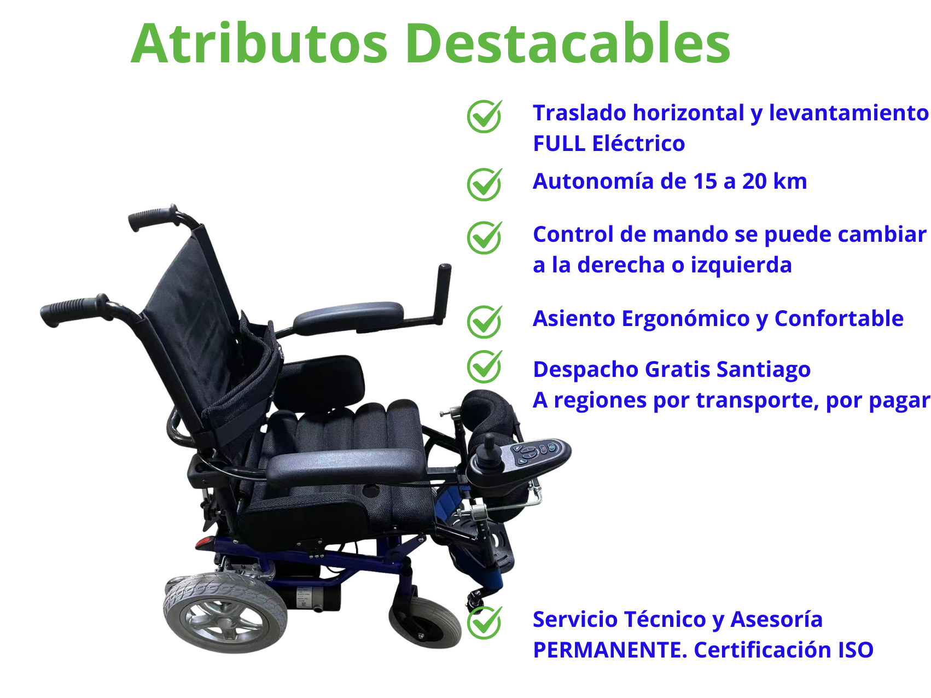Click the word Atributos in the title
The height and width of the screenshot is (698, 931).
tap(259, 43)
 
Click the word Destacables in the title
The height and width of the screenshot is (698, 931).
tap(567, 43)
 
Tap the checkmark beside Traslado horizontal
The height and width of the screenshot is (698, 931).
tap(485, 116)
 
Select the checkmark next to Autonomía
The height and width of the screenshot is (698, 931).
tap(485, 184)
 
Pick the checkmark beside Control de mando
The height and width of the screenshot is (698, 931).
tap(485, 237)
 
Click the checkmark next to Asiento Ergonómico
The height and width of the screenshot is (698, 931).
tap(485, 322)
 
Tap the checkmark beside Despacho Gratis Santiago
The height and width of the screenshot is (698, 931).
tap(485, 366)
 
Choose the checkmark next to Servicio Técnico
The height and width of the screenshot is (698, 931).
tap(485, 623)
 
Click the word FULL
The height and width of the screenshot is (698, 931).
tap(559, 143)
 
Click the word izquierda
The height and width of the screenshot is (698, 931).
tap(741, 265)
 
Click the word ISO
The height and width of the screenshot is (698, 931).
tap(856, 650)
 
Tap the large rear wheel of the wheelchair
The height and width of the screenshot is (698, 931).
tap(225, 613)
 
